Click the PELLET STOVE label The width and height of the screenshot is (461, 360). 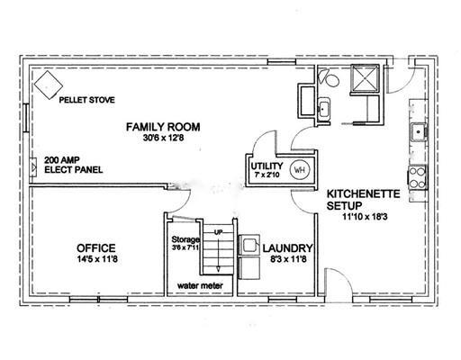tap(86, 100)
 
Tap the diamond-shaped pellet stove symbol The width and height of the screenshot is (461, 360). tap(49, 85)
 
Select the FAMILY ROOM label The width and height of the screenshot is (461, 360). tap(163, 127)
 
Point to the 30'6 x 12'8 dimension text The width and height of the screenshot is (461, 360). tap(163, 138)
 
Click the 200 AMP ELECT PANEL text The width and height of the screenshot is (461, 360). tap(74, 165)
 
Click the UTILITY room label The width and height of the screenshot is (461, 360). tap(267, 166)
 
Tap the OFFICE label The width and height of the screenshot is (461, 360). tap(96, 248)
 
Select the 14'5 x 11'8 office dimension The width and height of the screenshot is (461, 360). tap(97, 259)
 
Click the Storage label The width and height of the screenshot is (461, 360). tap(185, 239)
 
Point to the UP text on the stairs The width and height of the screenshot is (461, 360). tap(218, 232)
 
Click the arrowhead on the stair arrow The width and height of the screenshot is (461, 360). tap(218, 269)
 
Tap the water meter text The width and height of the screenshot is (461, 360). tap(200, 285)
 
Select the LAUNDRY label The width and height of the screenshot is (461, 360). tap(288, 248)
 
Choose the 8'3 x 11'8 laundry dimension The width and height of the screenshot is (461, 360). tap(288, 259)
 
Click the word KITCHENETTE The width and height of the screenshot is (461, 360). tap(363, 193)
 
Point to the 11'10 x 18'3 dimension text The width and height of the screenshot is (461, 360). tap(365, 217)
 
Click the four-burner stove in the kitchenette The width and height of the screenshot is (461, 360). tap(418, 177)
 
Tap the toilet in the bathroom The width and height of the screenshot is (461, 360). tap(330, 77)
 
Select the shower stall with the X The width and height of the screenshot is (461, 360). tap(365, 78)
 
